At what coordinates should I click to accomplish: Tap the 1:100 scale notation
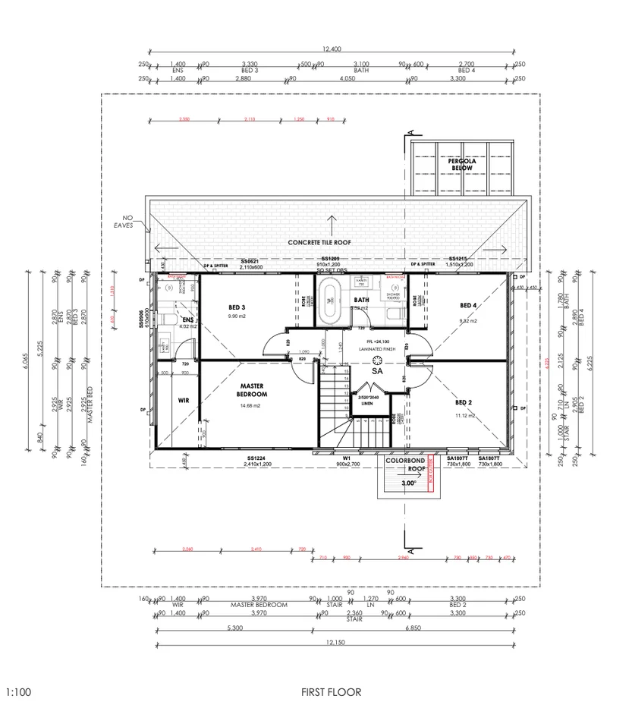point(18,691)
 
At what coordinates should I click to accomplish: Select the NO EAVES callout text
point(124,220)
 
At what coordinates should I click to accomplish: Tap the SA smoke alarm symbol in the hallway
point(377,370)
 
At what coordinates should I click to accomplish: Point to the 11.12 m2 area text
point(465,416)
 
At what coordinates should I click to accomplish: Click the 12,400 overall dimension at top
point(332,49)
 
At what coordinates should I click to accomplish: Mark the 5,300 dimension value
point(234,628)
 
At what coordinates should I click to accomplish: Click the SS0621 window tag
point(250,260)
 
